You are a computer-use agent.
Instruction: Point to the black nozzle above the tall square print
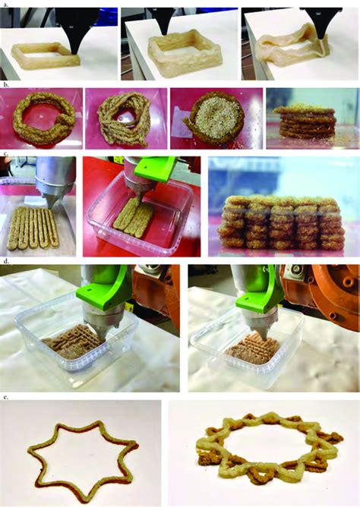tap(166, 20)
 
